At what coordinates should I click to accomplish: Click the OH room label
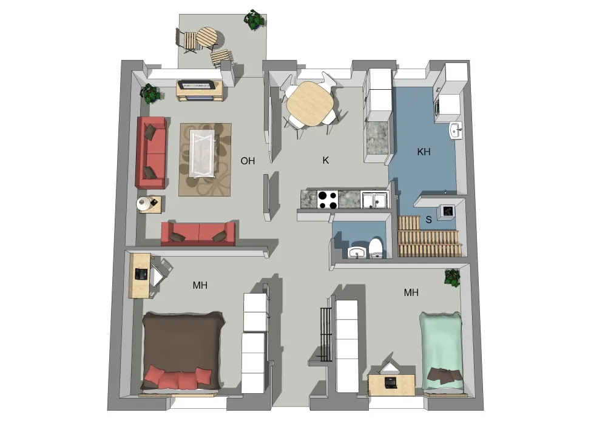[x=248, y=161]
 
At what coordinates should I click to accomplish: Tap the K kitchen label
[x=326, y=160]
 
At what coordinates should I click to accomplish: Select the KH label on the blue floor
[x=424, y=152]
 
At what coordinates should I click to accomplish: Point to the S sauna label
[x=428, y=220]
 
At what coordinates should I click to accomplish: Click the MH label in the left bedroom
[x=200, y=285]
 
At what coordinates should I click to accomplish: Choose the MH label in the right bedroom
[x=411, y=292]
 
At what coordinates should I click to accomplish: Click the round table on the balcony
[x=208, y=37]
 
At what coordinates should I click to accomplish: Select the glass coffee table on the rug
[x=203, y=153]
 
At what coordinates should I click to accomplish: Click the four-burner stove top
[x=328, y=200]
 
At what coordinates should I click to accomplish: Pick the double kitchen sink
[x=374, y=199]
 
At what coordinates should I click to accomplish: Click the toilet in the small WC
[x=376, y=248]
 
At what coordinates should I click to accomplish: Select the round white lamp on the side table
[x=143, y=204]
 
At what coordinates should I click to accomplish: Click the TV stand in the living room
[x=200, y=90]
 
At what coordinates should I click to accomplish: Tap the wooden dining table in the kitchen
[x=310, y=103]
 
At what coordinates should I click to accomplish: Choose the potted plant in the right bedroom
[x=452, y=277]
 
